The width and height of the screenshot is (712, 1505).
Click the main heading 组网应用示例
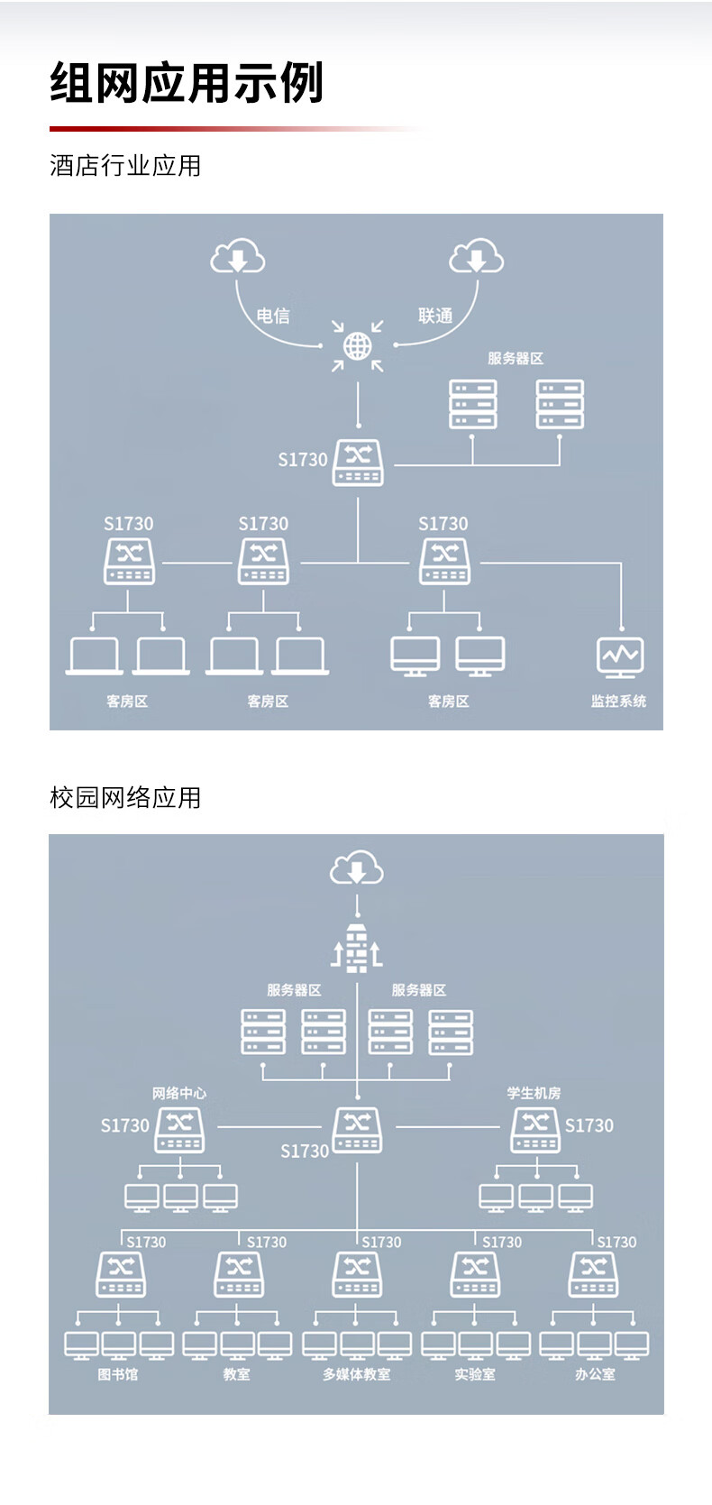point(187,83)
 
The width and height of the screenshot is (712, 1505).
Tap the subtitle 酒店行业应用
point(125,165)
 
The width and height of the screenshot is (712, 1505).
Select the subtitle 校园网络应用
point(125,797)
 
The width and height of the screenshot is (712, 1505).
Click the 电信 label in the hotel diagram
point(273,315)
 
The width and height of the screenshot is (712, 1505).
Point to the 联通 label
point(435,315)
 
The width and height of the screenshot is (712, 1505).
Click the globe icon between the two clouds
point(357,346)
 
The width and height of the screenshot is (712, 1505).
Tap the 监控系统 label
point(618,701)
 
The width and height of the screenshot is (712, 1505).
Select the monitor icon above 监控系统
point(620,656)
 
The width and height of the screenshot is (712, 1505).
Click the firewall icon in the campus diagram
point(357,948)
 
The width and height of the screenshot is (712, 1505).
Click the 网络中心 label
point(179,1093)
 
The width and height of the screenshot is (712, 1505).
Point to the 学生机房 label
point(534,1093)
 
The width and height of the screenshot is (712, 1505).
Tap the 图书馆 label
point(118,1374)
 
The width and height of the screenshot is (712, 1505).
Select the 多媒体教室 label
point(357,1374)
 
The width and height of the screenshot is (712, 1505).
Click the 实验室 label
point(475,1374)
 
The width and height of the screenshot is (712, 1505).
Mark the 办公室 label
point(595,1374)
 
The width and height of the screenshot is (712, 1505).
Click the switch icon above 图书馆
point(121,1274)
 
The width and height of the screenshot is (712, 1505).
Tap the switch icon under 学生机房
point(535,1131)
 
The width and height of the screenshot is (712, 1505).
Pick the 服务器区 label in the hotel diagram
point(516,358)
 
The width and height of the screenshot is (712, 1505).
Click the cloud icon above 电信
point(238,256)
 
